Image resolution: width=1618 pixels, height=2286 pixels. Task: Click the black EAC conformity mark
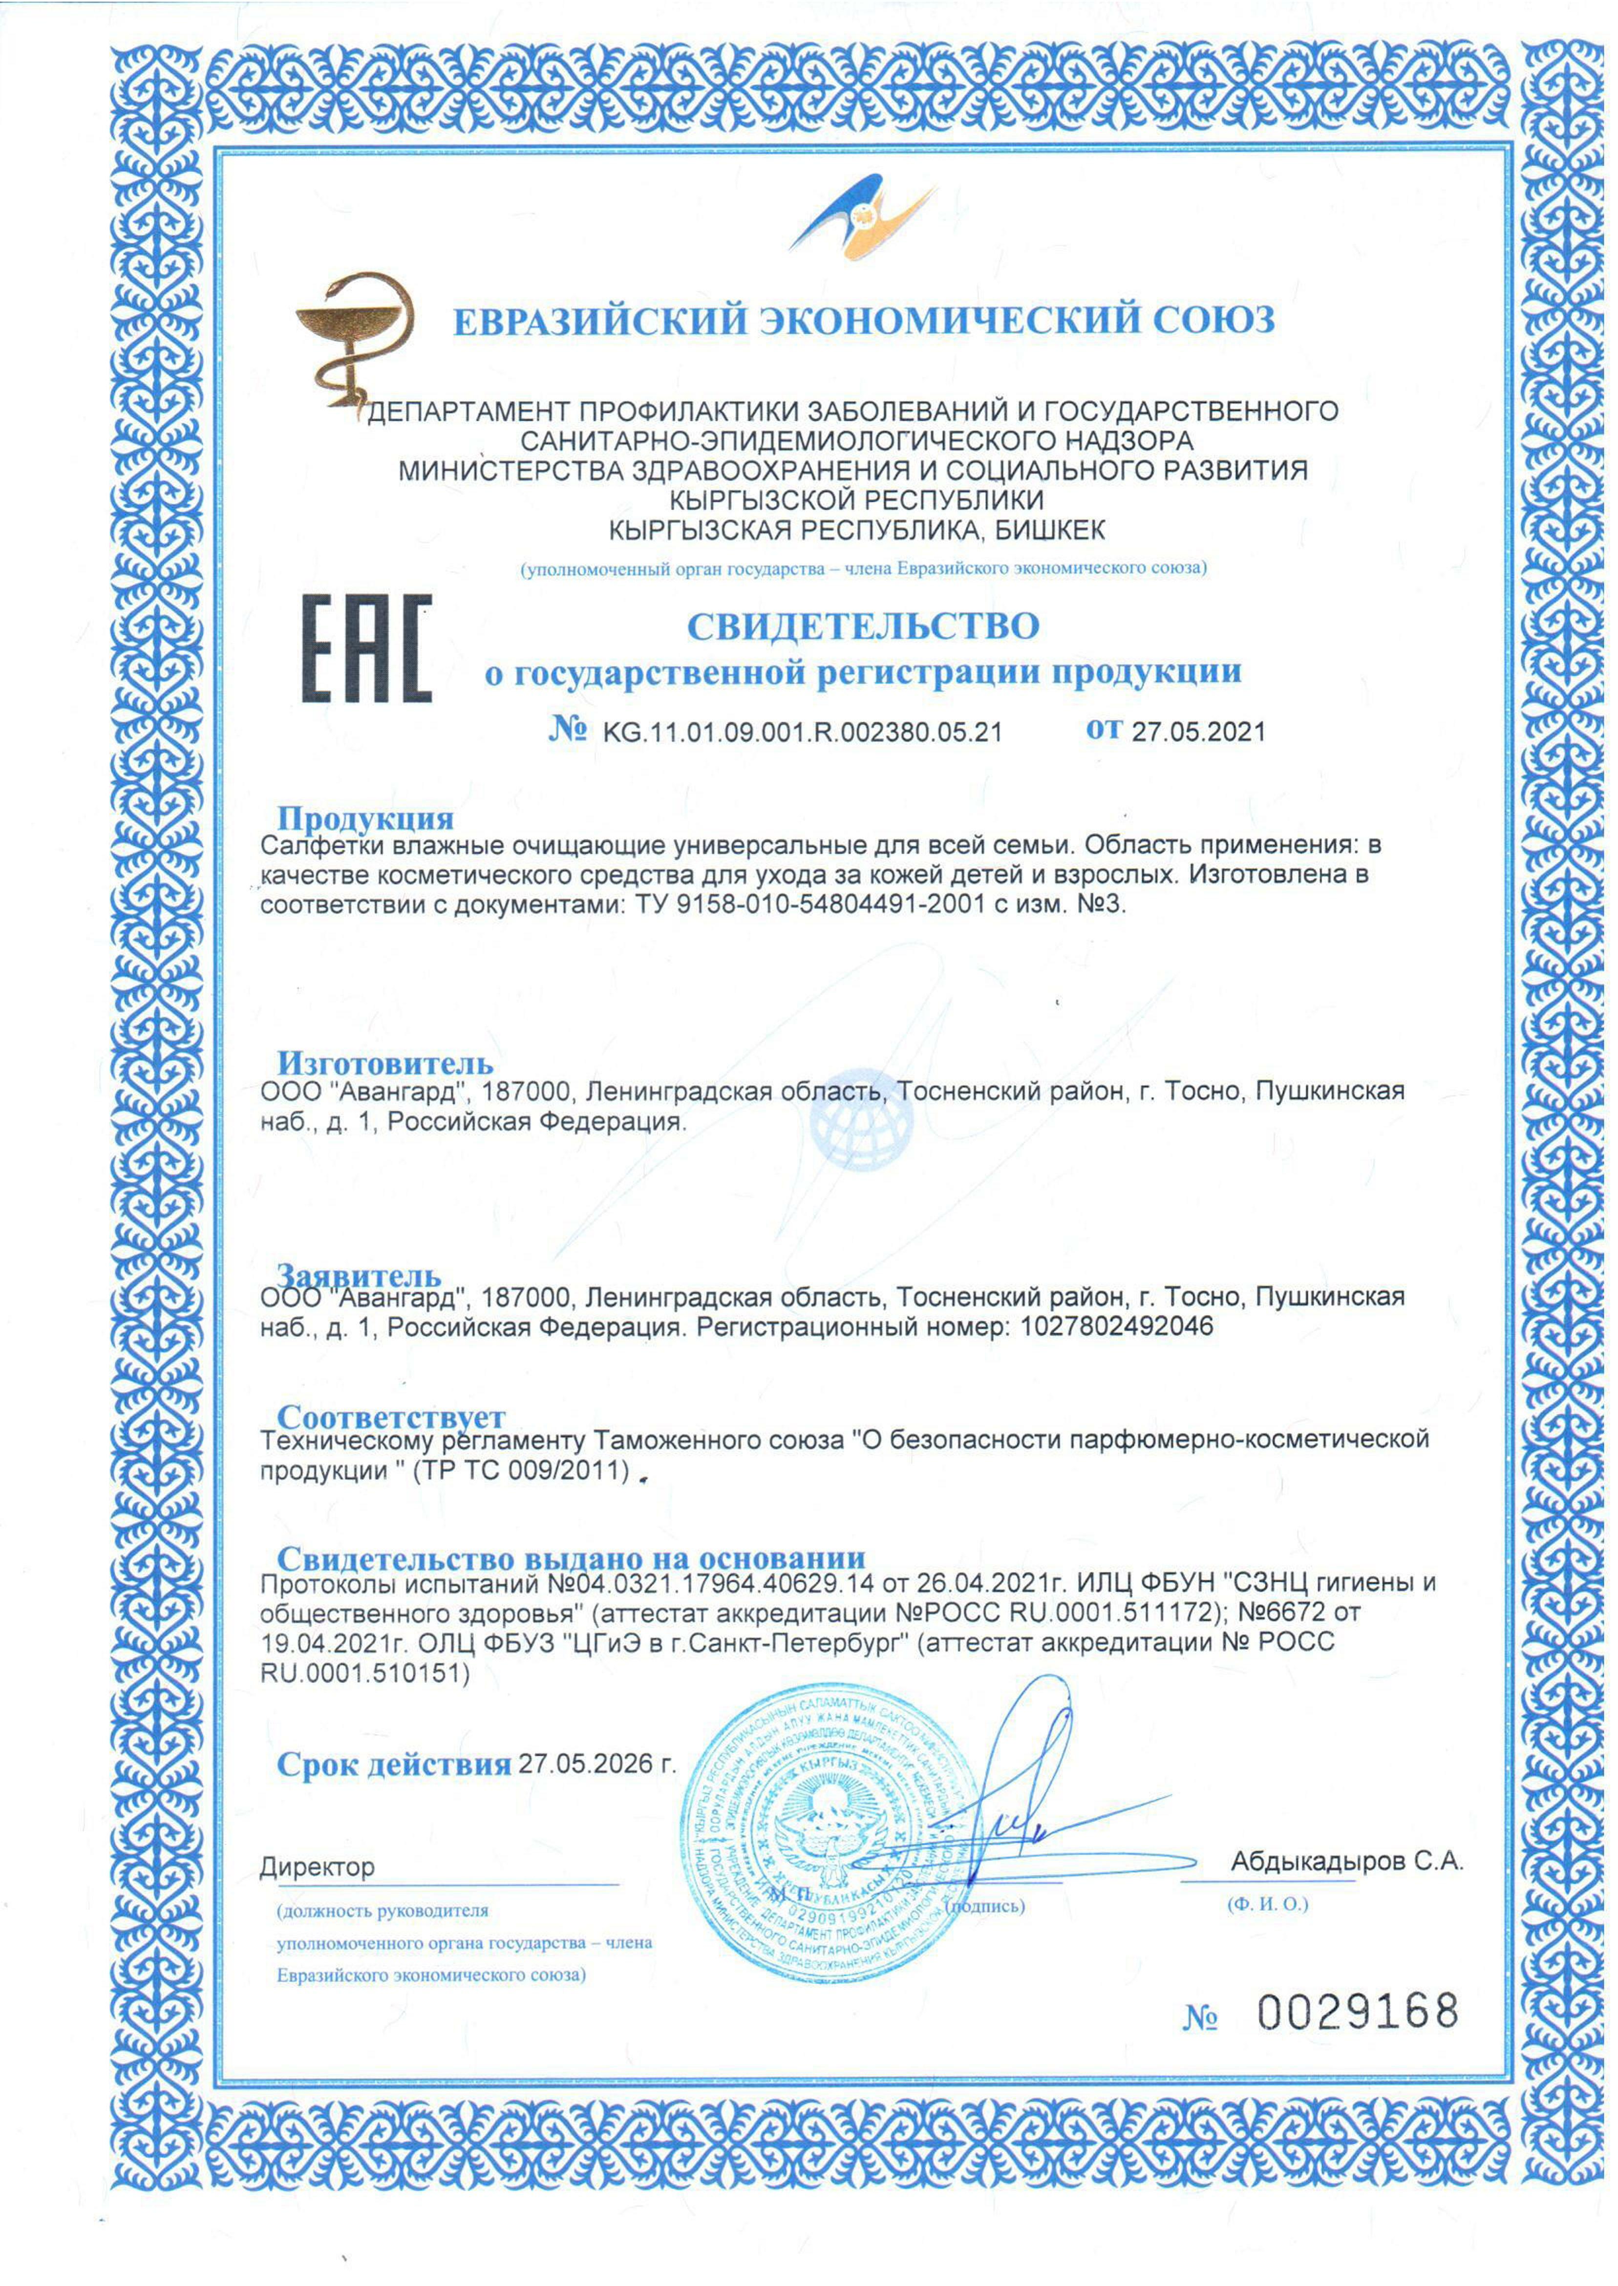(367, 649)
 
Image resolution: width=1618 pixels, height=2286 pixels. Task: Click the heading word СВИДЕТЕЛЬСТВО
(863, 626)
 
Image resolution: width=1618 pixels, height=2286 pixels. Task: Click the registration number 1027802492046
(1118, 1326)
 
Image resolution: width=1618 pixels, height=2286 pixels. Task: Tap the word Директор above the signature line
(317, 1866)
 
